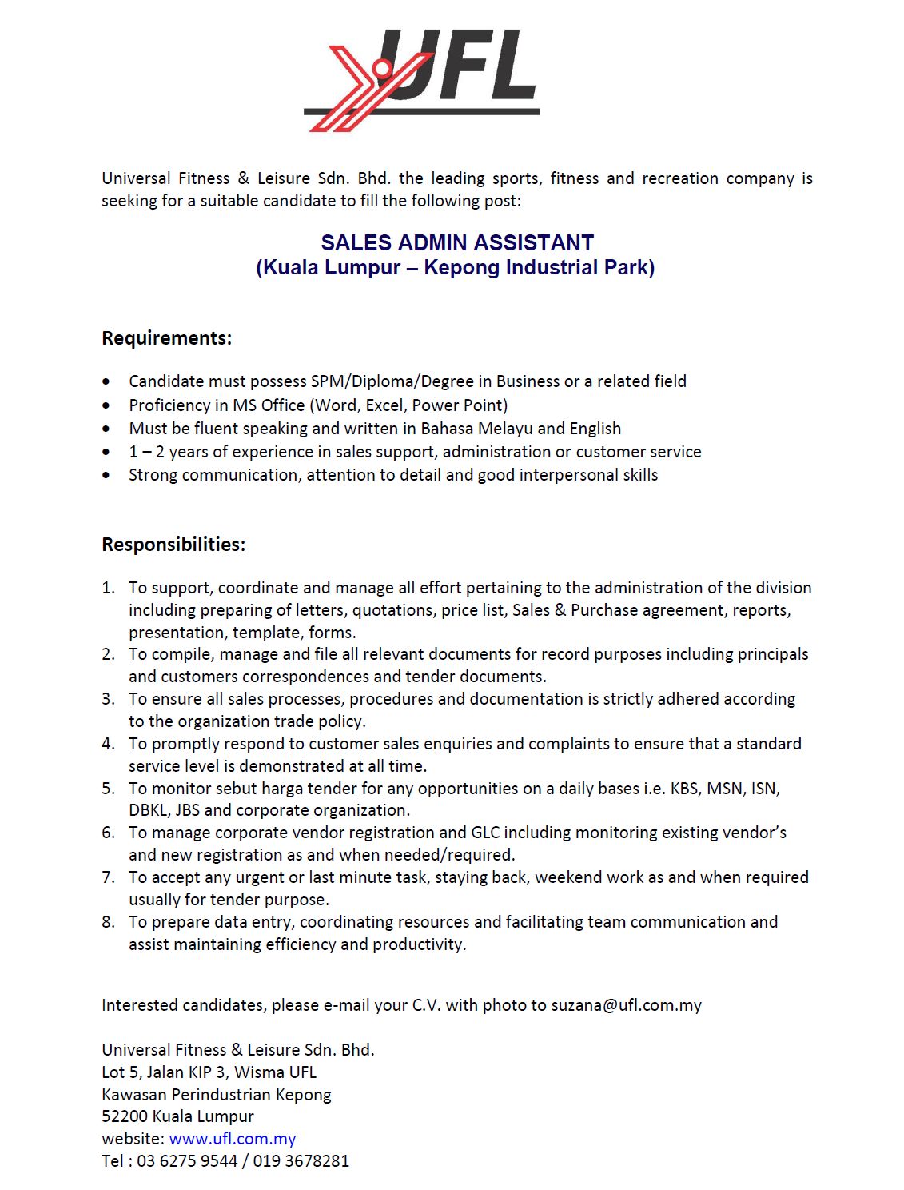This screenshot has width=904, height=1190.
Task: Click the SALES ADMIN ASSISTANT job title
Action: click(457, 242)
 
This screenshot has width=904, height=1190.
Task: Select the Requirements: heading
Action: click(166, 338)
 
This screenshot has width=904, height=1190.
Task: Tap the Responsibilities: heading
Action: click(173, 545)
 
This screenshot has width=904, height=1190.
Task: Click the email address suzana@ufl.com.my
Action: click(626, 1005)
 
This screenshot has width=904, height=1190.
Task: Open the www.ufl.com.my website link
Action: click(233, 1139)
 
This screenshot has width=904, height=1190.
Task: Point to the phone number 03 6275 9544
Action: click(187, 1161)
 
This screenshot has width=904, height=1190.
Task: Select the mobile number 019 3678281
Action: click(301, 1161)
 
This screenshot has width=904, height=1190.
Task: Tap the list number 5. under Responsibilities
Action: click(108, 789)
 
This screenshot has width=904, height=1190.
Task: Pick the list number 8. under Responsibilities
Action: click(108, 922)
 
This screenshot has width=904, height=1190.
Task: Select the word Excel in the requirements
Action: click(384, 405)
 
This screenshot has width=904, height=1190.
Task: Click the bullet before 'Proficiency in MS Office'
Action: click(107, 405)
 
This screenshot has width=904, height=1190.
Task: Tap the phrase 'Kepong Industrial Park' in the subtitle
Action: click(539, 267)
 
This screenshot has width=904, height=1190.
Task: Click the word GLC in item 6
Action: click(485, 833)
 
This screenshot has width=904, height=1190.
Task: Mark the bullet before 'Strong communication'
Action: click(107, 475)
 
